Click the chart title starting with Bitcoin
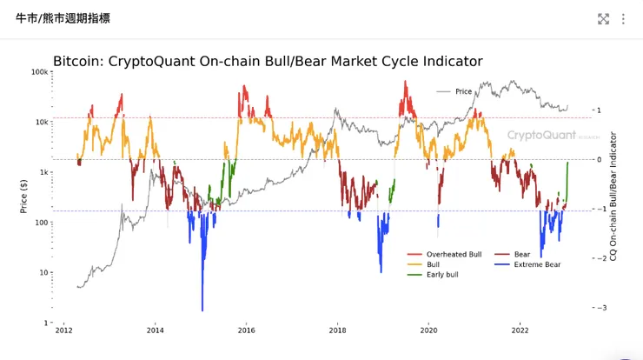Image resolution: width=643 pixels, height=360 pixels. [x=268, y=62]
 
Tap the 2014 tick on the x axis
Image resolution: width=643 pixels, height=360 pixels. [x=155, y=331]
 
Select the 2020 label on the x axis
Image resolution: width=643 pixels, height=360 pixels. [x=428, y=331]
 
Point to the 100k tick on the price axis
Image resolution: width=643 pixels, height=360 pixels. [x=39, y=72]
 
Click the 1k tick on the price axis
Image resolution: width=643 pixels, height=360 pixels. [x=43, y=172]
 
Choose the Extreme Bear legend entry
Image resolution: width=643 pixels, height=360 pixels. [x=540, y=264]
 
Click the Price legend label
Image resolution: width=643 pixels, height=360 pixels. [x=463, y=91]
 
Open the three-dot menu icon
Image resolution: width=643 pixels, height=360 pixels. [x=623, y=18]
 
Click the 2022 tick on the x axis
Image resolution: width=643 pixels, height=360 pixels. [x=520, y=331]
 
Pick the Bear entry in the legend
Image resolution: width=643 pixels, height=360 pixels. [x=521, y=254]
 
